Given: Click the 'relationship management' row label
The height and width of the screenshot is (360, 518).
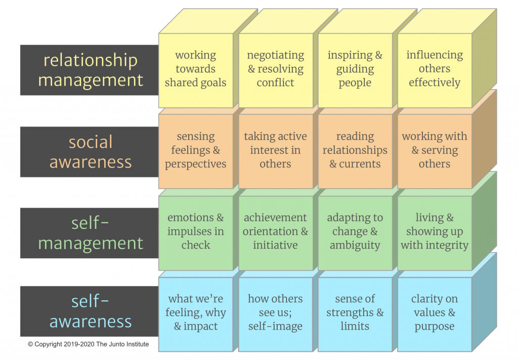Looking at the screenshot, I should click(x=90, y=70).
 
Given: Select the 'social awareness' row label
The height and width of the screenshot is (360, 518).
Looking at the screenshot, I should click(x=90, y=151).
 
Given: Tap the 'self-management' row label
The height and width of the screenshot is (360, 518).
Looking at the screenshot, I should click(x=90, y=232).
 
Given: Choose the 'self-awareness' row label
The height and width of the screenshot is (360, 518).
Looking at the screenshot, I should click(x=90, y=311).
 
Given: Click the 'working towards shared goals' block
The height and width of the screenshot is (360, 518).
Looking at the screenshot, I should click(x=196, y=69).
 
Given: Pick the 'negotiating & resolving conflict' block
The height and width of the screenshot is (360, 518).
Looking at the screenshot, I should click(x=275, y=69).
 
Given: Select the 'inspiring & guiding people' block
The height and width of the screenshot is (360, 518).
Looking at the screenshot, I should click(x=355, y=69).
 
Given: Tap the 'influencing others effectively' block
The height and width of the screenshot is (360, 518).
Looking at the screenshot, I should click(x=435, y=69).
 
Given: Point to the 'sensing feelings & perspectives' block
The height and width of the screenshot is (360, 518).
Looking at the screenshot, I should click(x=196, y=151).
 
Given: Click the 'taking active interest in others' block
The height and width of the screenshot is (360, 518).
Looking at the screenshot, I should click(x=275, y=151).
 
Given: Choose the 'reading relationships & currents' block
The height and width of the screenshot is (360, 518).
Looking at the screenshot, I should click(x=355, y=151).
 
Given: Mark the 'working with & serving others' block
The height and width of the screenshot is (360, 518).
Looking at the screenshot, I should click(x=435, y=151).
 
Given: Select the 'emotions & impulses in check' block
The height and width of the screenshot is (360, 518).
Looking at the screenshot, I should click(x=196, y=232).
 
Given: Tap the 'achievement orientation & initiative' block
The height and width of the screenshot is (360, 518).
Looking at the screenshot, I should click(x=275, y=232).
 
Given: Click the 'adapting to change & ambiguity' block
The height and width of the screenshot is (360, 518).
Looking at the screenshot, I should click(x=355, y=232).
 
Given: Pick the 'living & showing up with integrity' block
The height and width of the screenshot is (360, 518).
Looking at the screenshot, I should click(x=435, y=232).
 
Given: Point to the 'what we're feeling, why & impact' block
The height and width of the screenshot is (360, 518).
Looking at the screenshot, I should click(x=196, y=313).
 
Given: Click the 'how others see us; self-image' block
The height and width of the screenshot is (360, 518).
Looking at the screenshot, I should click(x=275, y=313).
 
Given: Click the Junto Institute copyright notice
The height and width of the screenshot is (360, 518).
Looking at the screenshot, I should click(x=89, y=344).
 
